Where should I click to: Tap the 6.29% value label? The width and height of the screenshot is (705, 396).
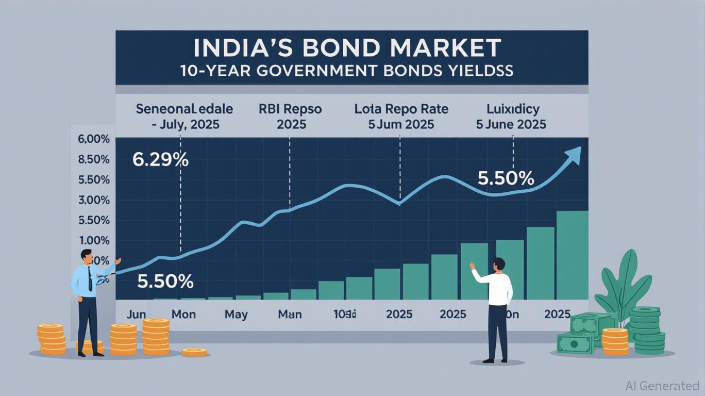pyautogui.click(x=160, y=160)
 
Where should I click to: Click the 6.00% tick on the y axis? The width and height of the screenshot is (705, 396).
pyautogui.click(x=94, y=139)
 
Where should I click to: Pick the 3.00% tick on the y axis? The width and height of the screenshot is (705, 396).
pyautogui.click(x=94, y=200)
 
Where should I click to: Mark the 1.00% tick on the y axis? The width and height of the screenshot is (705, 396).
pyautogui.click(x=94, y=240)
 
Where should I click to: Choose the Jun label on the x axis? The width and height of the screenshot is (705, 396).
pyautogui.click(x=136, y=314)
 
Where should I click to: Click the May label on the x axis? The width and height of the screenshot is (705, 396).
pyautogui.click(x=236, y=314)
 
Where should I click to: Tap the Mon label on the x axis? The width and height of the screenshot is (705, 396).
pyautogui.click(x=183, y=314)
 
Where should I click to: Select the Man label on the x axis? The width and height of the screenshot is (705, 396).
pyautogui.click(x=290, y=314)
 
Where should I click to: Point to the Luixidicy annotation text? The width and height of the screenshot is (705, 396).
pyautogui.click(x=513, y=109)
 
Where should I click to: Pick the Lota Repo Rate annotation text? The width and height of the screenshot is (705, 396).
pyautogui.click(x=401, y=109)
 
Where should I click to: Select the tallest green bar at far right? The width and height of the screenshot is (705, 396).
pyautogui.click(x=572, y=255)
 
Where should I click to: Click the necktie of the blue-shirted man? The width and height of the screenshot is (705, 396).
pyautogui.click(x=90, y=279)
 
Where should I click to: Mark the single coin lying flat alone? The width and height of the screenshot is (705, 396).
pyautogui.click(x=194, y=352)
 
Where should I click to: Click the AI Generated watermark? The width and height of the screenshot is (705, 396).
pyautogui.click(x=662, y=386)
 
